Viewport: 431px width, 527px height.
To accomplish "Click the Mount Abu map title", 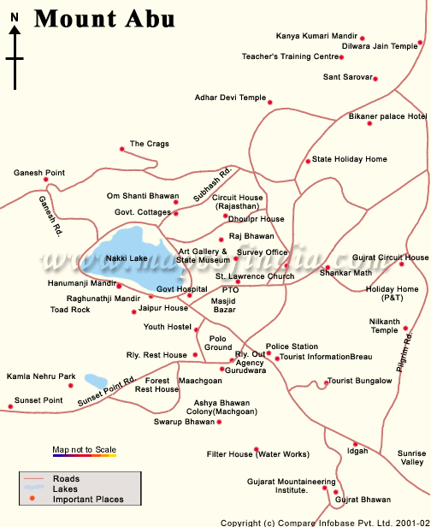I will pyautogui.click(x=104, y=18).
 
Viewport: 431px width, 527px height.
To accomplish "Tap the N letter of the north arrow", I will pyautogui.click(x=15, y=28).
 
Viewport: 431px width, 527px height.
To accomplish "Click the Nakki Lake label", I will pyautogui.click(x=127, y=258).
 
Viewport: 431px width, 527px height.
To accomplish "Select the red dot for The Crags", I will pyautogui.click(x=121, y=150).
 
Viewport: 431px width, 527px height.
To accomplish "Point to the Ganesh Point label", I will pyautogui.click(x=39, y=173).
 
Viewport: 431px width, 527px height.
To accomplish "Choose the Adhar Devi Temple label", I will pyautogui.click(x=230, y=98).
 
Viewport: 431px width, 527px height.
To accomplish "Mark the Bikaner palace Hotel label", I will pyautogui.click(x=387, y=115).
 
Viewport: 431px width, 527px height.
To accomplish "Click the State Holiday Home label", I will pyautogui.click(x=349, y=159).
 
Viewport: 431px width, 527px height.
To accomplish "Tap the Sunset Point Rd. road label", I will pyautogui.click(x=107, y=391).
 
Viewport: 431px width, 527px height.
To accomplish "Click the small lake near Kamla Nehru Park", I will pyautogui.click(x=95, y=380).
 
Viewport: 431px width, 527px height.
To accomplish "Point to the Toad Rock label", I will pyautogui.click(x=70, y=309).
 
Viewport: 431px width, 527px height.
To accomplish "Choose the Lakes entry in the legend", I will pyautogui.click(x=65, y=489).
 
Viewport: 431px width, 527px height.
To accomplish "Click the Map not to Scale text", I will pyautogui.click(x=84, y=449).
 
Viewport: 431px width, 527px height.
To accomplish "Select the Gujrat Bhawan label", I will pyautogui.click(x=363, y=500).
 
